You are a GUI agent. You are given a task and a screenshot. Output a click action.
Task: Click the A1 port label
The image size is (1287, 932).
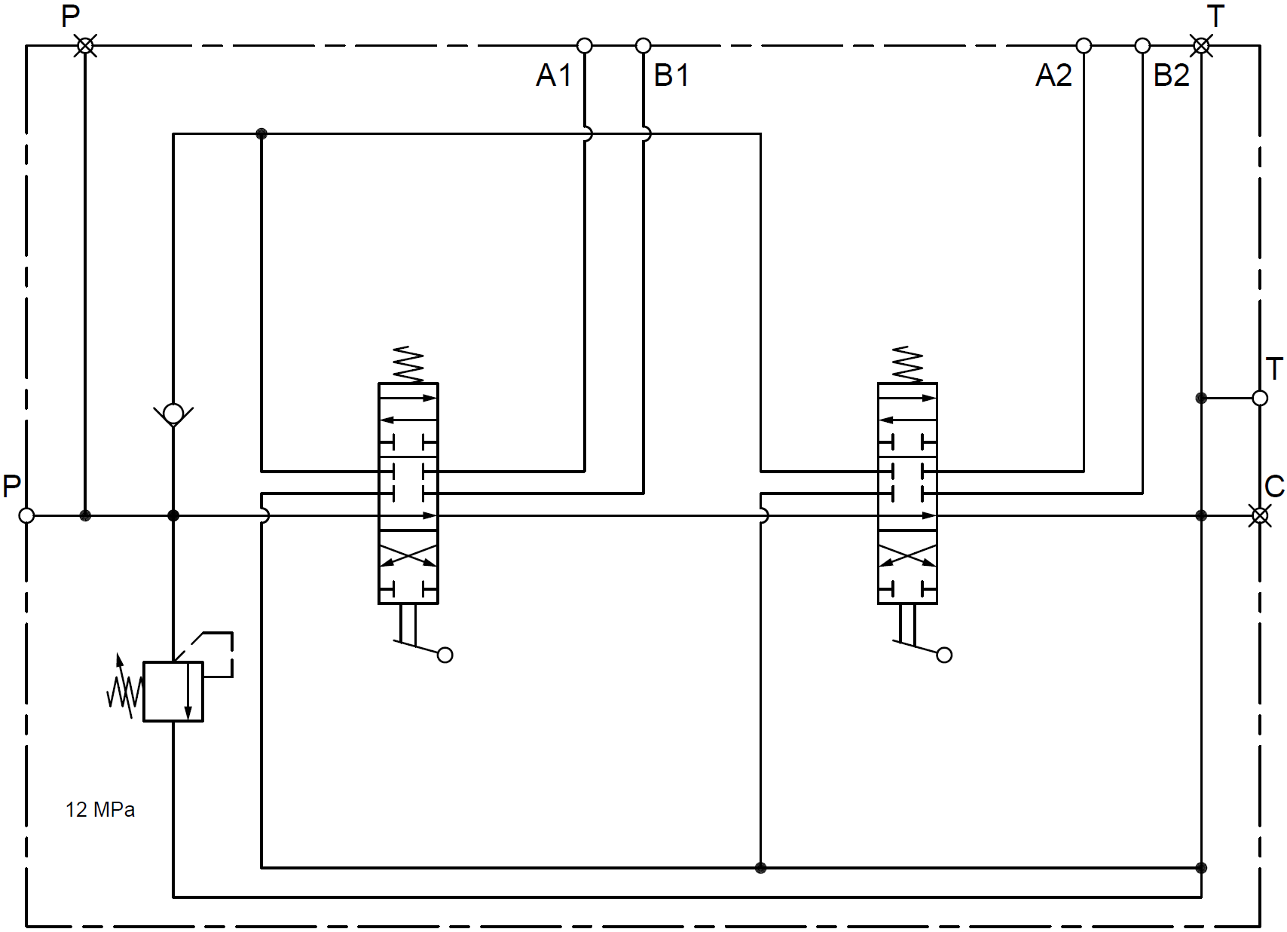point(554,75)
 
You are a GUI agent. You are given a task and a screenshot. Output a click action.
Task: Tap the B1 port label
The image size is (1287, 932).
point(671,75)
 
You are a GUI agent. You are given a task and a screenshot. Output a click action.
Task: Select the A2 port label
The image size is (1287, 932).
point(1053,75)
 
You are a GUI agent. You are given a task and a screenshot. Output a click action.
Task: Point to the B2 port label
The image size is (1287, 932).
point(1171,75)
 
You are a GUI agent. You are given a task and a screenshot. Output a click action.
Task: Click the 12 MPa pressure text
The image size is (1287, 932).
point(100,810)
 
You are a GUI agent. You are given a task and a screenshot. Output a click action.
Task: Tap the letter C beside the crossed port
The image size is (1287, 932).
point(1274,487)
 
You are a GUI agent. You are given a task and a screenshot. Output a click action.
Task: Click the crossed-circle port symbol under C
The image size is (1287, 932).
point(1260,516)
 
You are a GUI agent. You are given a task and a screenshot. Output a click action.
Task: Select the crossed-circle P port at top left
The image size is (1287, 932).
point(86,46)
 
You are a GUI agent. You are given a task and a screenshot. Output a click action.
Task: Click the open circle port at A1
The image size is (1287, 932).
point(584,46)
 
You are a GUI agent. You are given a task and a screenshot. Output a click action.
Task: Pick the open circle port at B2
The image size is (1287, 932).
point(1142,46)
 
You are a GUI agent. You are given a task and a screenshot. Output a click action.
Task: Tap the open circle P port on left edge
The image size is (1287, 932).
point(26,516)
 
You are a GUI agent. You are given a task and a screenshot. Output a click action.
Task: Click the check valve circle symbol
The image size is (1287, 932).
point(173,413)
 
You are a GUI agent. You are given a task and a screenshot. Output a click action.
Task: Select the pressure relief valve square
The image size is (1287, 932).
point(173,692)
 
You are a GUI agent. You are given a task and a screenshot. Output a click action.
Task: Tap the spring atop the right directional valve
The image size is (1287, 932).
point(907,365)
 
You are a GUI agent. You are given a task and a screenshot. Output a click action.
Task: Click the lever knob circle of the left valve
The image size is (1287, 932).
point(445,655)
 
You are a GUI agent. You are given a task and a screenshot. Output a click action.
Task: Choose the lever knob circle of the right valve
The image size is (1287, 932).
point(945,655)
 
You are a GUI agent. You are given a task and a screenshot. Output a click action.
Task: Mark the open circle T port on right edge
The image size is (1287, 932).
point(1260,398)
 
